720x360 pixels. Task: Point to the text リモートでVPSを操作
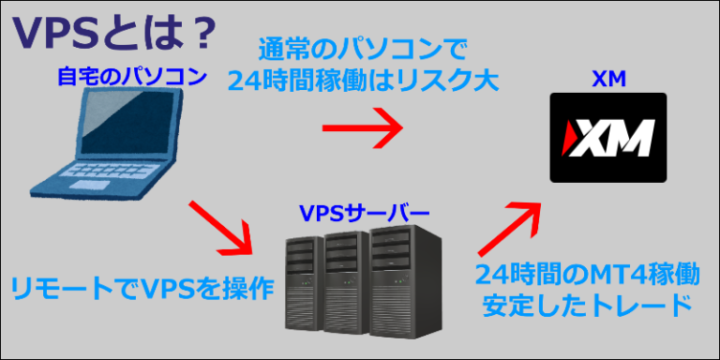(142, 289)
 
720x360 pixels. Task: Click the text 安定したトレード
(587, 307)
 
